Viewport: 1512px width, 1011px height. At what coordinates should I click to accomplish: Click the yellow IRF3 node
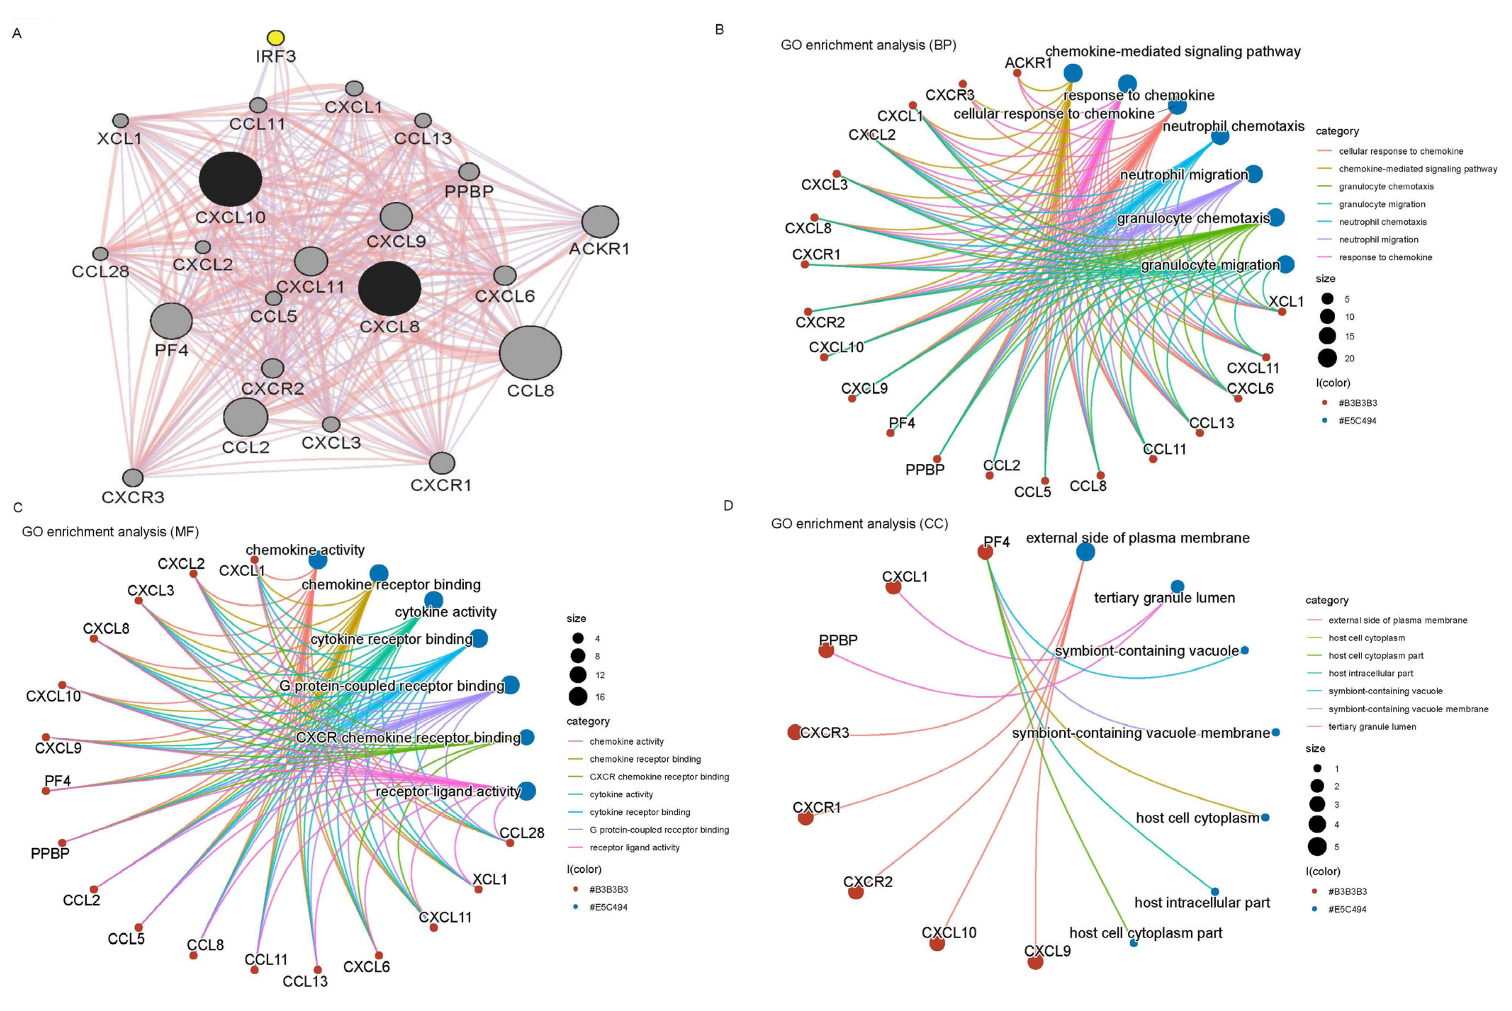[x=275, y=38]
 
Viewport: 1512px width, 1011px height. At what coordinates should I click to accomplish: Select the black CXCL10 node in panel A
[x=230, y=179]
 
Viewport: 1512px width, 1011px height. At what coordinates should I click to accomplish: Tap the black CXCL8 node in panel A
[x=390, y=288]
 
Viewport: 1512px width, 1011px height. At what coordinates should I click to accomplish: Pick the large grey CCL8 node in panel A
[x=530, y=352]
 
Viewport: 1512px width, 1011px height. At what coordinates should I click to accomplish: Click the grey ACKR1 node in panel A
[x=600, y=222]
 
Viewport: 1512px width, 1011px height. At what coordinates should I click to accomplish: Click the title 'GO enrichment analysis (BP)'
[x=868, y=45]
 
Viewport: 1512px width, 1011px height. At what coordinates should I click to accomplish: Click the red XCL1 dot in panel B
[x=1282, y=311]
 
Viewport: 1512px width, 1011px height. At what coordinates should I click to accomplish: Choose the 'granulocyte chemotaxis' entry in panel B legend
[x=1385, y=186]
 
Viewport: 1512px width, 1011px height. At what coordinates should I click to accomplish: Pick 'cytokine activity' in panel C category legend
[x=621, y=794]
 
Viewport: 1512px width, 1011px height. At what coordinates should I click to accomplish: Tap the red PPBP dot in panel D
[x=826, y=650]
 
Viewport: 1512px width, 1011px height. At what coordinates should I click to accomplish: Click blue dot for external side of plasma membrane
[x=1086, y=551]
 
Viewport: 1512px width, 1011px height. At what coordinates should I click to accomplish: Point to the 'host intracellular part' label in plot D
[x=1202, y=902]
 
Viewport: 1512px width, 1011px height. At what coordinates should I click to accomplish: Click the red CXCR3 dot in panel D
[x=795, y=732]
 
